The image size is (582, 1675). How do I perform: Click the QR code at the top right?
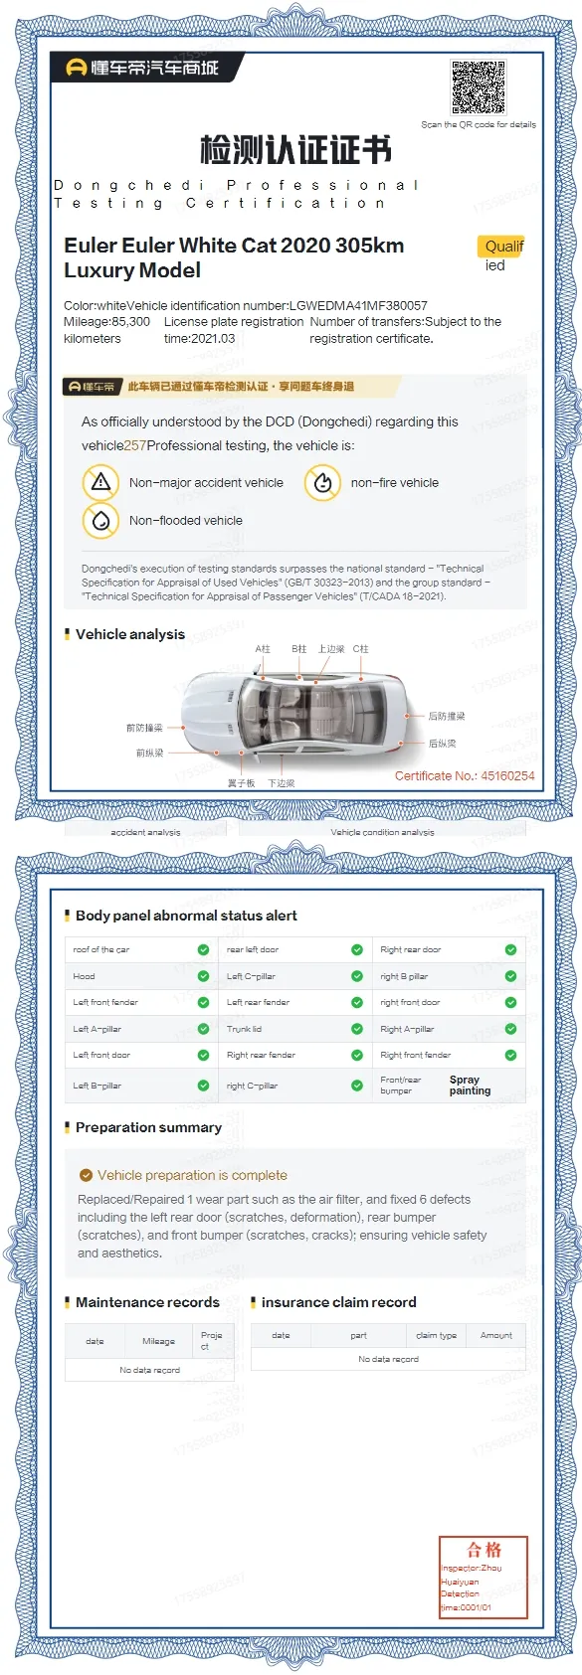pyautogui.click(x=479, y=87)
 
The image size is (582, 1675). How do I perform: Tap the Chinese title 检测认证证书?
pyautogui.click(x=295, y=150)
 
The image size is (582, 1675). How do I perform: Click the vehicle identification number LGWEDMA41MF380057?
pyautogui.click(x=358, y=306)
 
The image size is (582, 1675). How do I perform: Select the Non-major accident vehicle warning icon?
pyautogui.click(x=100, y=483)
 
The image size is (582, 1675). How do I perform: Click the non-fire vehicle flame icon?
pyautogui.click(x=322, y=483)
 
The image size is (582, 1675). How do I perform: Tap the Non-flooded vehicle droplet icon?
pyautogui.click(x=100, y=520)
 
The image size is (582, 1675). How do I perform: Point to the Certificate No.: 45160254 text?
pyautogui.click(x=464, y=776)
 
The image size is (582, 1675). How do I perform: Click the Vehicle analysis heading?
pyautogui.click(x=129, y=634)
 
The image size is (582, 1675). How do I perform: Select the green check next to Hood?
pyautogui.click(x=203, y=976)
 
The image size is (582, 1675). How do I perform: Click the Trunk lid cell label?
pyautogui.click(x=245, y=1029)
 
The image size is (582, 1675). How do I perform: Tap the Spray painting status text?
pyautogui.click(x=470, y=1085)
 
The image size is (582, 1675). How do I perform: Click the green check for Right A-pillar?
pyautogui.click(x=510, y=1029)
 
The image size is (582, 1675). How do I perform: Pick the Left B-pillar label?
pyautogui.click(x=97, y=1086)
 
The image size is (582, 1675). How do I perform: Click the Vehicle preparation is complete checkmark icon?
pyautogui.click(x=86, y=1175)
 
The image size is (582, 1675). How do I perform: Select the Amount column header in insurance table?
pyautogui.click(x=495, y=1335)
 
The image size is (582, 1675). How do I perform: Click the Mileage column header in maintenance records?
pyautogui.click(x=158, y=1341)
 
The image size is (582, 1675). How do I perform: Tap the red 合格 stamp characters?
pyautogui.click(x=485, y=1549)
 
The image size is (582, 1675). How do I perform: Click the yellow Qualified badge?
pyautogui.click(x=502, y=247)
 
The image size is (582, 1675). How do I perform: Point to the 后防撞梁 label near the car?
pyautogui.click(x=446, y=716)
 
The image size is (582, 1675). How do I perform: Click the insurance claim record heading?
pyautogui.click(x=338, y=1302)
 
